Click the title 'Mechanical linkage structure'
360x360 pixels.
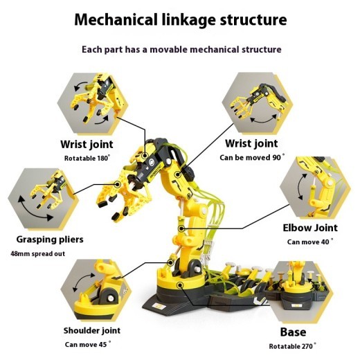179,19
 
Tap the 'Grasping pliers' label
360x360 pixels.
50,240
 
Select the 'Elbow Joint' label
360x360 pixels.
310,227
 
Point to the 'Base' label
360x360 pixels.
293,332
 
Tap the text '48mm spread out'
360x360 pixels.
39,253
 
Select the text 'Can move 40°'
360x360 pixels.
310,242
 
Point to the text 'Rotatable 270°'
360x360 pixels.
293,345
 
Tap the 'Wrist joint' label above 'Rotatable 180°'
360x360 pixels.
87,145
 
